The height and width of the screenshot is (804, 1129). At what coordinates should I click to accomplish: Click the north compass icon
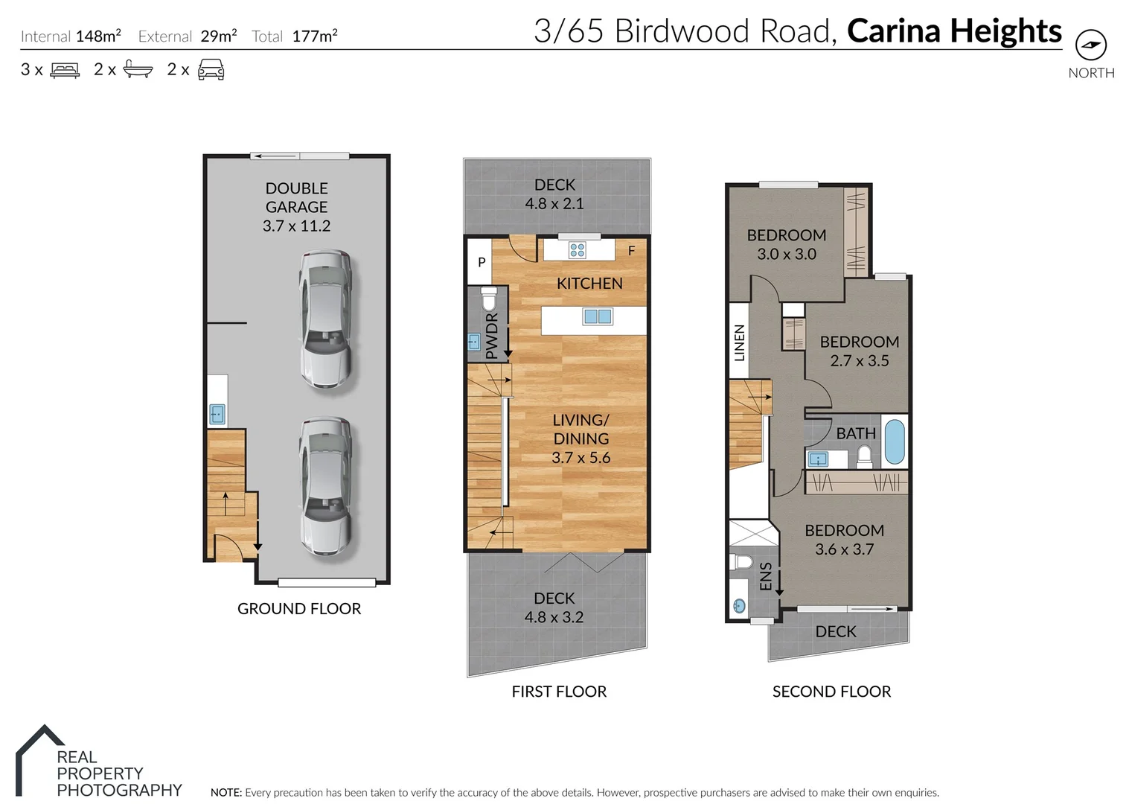tap(1091, 45)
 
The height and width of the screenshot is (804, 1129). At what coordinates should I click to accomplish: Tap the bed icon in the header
tap(65, 70)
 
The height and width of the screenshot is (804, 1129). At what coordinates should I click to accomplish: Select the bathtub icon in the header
tap(138, 70)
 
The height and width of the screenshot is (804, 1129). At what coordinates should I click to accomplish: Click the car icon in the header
tap(211, 70)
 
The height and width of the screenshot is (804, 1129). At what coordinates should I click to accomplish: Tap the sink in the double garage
tap(217, 414)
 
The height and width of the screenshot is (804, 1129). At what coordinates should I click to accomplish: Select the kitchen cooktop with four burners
tap(577, 249)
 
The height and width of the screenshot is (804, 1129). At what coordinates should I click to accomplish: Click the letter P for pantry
tap(482, 262)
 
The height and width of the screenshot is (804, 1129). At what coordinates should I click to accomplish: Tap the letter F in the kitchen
tap(631, 251)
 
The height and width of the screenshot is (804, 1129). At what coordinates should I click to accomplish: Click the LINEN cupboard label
tap(739, 342)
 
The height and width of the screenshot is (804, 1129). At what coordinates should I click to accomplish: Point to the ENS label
tap(766, 576)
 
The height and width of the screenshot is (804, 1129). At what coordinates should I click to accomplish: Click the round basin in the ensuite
tap(738, 606)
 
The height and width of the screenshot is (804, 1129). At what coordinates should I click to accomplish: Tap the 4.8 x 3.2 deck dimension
tap(554, 617)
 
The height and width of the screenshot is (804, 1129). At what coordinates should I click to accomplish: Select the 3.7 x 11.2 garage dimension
tap(296, 226)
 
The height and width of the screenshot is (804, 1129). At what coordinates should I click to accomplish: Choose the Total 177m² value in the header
tap(314, 36)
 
